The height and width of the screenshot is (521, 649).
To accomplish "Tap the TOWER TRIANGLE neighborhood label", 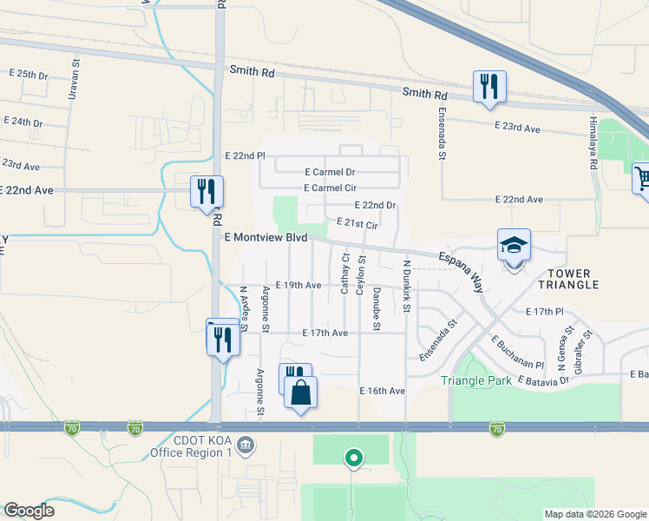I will click(568, 278).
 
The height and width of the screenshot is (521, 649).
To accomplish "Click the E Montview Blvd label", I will click(265, 237).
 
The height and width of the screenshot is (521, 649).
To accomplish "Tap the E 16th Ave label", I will click(383, 392).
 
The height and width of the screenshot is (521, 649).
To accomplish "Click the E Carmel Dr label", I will click(330, 173).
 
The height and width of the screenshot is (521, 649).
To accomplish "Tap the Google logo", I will click(29, 510).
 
